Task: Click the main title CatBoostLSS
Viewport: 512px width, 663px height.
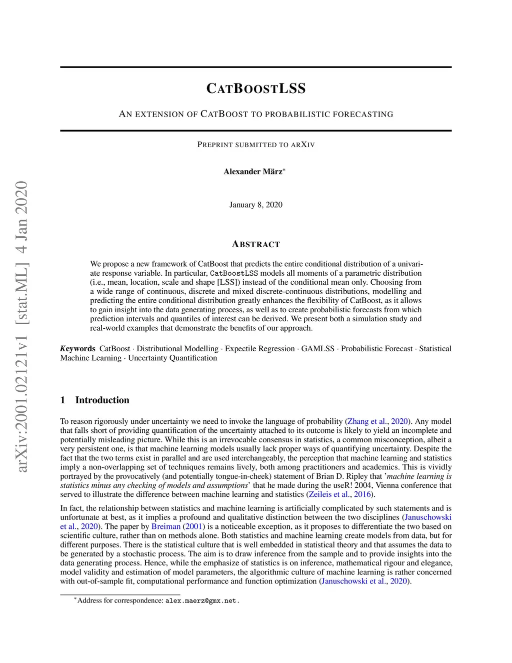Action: tap(256, 89)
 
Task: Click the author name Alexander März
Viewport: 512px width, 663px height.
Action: tap(253, 172)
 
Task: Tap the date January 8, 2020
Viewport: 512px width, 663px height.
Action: tap(256, 205)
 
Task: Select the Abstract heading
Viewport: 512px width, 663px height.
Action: tap(256, 244)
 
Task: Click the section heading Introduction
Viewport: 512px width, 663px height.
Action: tap(102, 400)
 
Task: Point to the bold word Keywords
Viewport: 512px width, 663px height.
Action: tap(78, 349)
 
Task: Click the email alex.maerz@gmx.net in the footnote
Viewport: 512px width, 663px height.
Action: tap(202, 600)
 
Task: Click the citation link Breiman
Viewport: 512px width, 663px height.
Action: tap(165, 526)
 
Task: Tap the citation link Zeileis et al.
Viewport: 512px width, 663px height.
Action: tap(329, 494)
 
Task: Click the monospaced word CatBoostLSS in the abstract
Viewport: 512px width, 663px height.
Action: tap(234, 273)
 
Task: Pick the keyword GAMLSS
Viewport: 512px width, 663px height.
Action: tap(317, 349)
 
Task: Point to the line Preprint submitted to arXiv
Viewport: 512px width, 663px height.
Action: tap(256, 145)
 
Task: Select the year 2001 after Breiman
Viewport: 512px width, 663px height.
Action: tap(194, 526)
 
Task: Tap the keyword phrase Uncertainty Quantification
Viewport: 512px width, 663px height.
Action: tap(172, 358)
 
